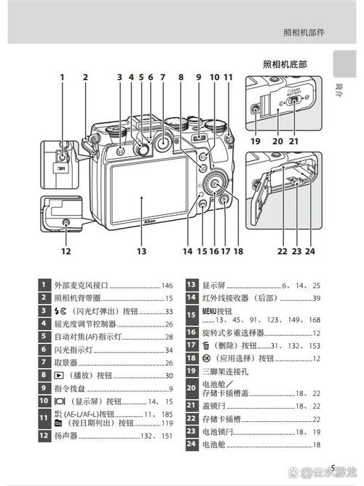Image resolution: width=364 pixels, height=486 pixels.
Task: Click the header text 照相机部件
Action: click(304, 32)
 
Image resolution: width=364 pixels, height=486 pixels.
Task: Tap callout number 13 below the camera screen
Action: click(141, 251)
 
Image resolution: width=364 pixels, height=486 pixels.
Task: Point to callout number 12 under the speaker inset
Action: click(66, 251)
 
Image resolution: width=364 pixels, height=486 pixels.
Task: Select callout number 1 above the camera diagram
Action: click(63, 77)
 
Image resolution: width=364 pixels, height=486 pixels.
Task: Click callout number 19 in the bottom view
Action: click(255, 141)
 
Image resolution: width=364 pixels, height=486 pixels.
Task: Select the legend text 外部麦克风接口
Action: click(81, 286)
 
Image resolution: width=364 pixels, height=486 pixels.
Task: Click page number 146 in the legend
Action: click(167, 286)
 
